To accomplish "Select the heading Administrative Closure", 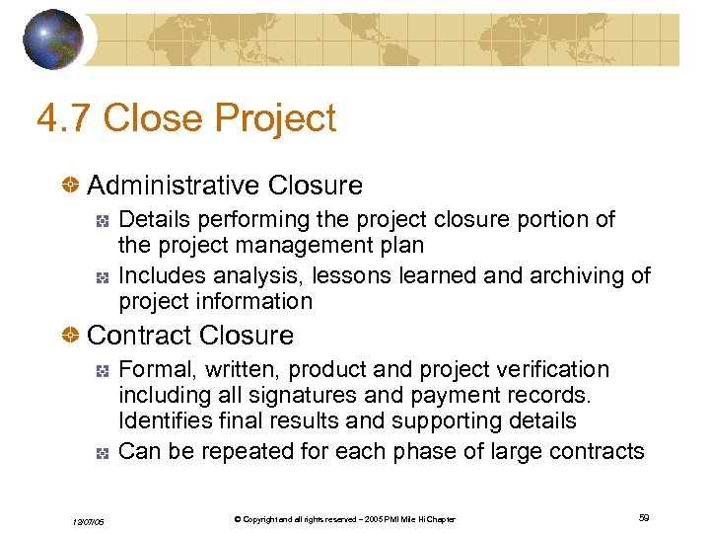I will [x=225, y=185].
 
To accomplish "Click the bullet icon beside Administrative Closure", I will [x=71, y=186].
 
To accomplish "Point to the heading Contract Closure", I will [x=190, y=336].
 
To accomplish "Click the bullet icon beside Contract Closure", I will [x=71, y=336].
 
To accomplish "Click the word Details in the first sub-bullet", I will [x=151, y=219].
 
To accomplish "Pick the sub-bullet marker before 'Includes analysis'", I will [x=102, y=276].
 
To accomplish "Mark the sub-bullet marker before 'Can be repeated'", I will [x=102, y=453].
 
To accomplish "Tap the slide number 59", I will [x=643, y=518].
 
